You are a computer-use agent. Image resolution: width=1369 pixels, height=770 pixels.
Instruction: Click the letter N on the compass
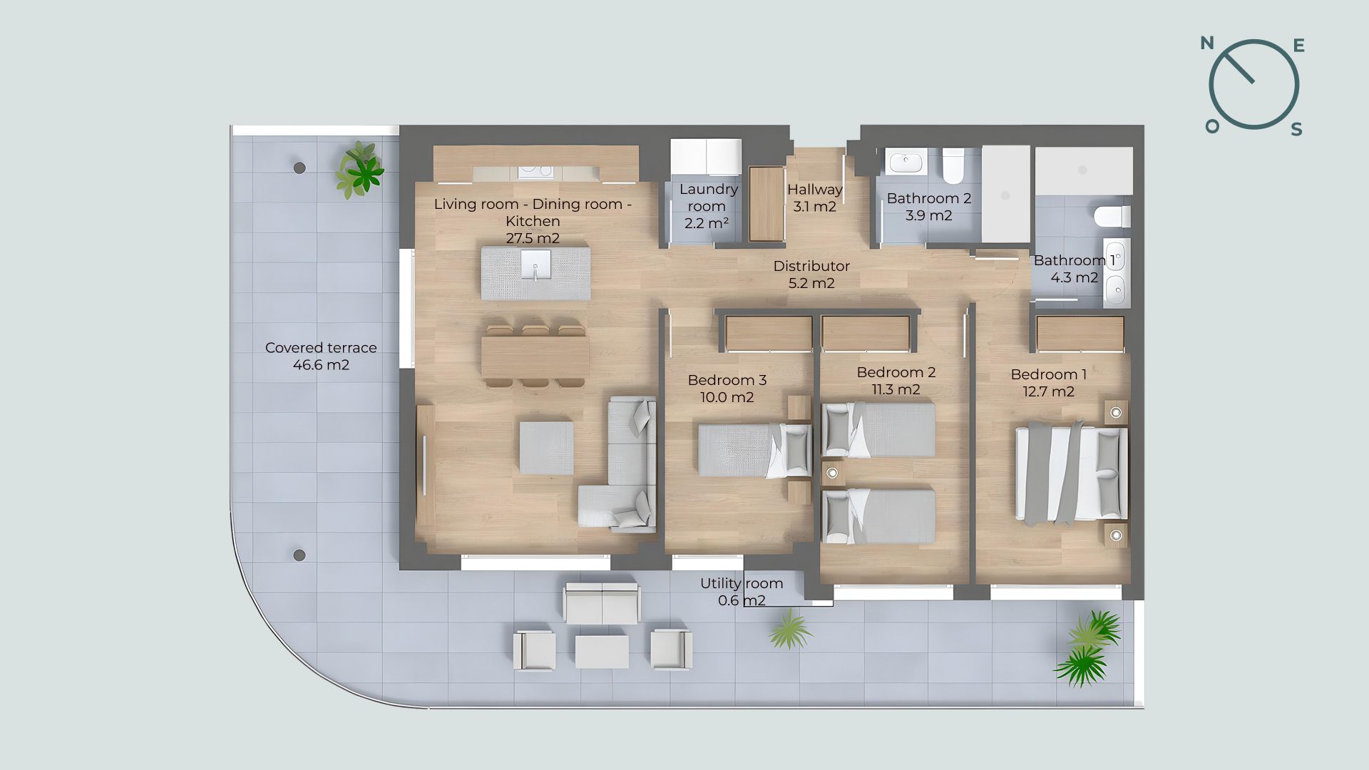tap(1207, 43)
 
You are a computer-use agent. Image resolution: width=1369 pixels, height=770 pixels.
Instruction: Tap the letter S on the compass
tap(1297, 129)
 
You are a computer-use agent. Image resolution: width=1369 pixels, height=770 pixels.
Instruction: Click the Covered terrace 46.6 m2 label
tap(321, 356)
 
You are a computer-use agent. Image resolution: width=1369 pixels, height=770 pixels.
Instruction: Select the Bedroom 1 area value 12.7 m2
tap(1048, 391)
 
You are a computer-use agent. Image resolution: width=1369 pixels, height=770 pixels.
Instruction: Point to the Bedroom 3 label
tap(727, 380)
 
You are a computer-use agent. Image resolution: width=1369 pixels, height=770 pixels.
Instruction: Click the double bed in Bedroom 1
tap(1072, 473)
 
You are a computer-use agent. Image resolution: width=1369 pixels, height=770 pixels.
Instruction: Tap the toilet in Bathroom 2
tap(953, 165)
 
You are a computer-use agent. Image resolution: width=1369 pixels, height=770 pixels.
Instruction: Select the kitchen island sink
tap(534, 268)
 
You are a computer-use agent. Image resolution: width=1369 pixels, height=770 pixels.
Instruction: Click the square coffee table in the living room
tap(546, 448)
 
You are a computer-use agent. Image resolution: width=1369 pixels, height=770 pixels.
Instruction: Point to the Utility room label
tap(742, 583)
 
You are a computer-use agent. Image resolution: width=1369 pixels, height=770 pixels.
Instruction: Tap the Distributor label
tap(811, 266)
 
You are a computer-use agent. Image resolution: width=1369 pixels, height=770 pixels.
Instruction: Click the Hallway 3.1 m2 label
tap(815, 198)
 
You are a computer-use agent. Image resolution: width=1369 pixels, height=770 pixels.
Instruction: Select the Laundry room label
tap(707, 197)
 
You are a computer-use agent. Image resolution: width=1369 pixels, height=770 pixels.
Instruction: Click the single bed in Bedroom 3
tap(755, 450)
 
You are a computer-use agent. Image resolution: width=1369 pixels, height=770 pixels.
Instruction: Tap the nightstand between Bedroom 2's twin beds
tap(831, 472)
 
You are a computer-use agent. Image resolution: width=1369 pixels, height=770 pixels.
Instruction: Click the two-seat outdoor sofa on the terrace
tap(602, 603)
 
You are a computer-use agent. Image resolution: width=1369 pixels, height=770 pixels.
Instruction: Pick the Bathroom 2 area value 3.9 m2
tap(928, 215)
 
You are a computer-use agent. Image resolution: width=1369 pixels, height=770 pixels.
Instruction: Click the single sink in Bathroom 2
tap(906, 163)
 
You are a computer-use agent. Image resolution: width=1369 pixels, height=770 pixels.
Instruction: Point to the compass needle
tap(1239, 68)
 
